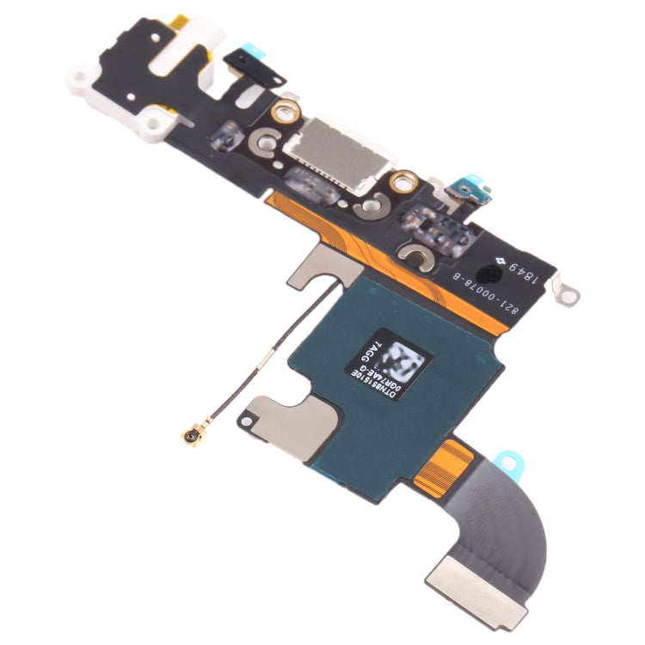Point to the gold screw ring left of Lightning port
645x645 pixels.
coord(285,110)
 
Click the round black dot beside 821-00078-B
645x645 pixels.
coord(493,275)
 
